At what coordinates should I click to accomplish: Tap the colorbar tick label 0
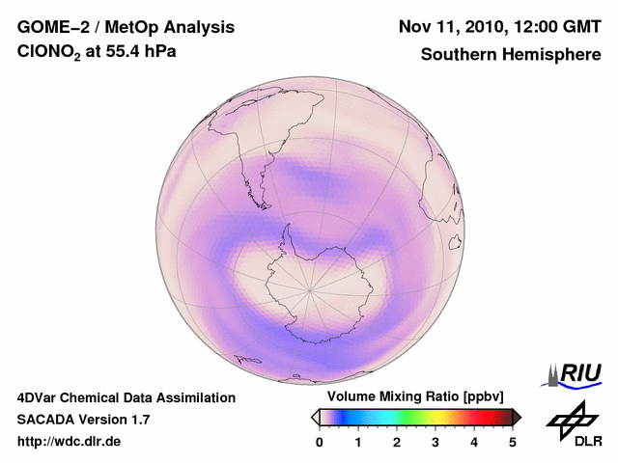click(320, 442)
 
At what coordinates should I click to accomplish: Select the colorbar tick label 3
click(435, 442)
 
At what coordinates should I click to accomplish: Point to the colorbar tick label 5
click(513, 442)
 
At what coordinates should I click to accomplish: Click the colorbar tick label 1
click(358, 442)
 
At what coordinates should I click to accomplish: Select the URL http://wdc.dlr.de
click(70, 442)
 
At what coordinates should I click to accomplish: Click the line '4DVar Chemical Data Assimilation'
click(126, 397)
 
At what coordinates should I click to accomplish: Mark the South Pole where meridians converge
click(310, 288)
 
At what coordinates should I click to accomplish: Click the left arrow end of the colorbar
click(315, 417)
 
